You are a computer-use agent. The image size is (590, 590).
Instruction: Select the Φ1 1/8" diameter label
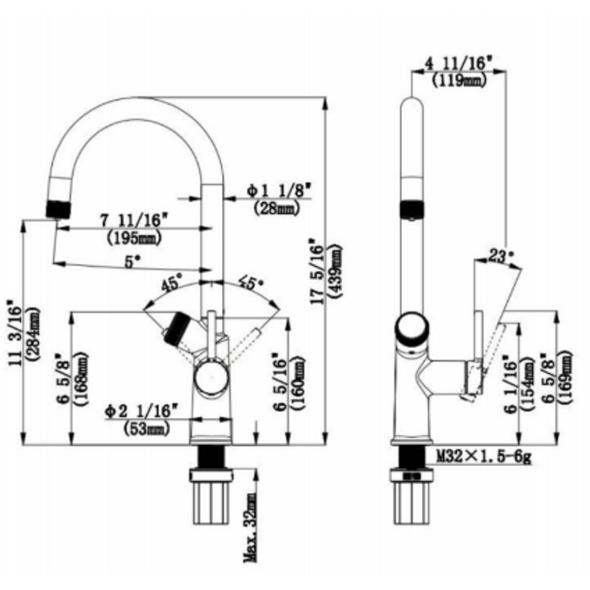[x=278, y=191]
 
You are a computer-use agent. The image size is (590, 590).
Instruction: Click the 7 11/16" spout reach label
[x=133, y=221]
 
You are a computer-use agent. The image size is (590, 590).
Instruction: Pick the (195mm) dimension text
[x=133, y=238]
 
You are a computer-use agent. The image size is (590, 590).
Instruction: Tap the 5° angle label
[x=129, y=262]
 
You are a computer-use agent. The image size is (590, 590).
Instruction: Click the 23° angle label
[x=501, y=255]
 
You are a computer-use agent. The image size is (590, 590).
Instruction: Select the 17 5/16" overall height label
[x=316, y=271]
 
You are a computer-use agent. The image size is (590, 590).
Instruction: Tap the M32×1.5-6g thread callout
[x=483, y=456]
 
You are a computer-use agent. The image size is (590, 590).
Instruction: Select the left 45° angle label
[x=170, y=285]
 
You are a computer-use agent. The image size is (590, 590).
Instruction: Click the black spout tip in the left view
[x=58, y=209]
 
